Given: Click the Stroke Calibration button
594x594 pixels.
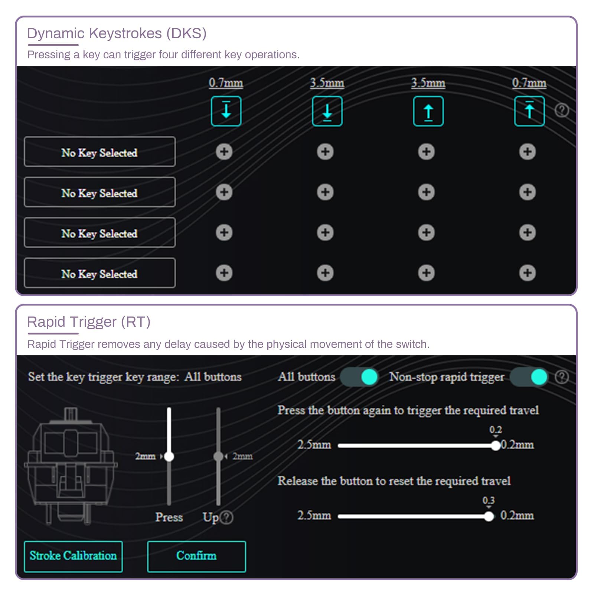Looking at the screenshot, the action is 73,556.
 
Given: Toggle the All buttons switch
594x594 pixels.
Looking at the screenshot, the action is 359,377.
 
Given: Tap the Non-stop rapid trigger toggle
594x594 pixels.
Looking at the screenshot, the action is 529,377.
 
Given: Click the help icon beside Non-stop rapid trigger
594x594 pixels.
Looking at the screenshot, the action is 562,377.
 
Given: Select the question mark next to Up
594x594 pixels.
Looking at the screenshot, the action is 226,517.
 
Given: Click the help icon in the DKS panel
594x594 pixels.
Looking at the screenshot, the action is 562,110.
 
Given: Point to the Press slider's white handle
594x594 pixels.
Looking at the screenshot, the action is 169,456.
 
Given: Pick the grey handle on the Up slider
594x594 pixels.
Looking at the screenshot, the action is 218,456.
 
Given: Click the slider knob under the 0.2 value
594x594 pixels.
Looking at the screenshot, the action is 496,446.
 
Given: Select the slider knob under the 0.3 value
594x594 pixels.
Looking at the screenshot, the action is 489,516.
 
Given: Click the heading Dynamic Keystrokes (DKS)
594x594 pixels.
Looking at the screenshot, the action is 117,33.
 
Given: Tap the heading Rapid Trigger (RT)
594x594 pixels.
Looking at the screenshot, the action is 89,322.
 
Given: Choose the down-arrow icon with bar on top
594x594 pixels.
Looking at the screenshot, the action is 226,111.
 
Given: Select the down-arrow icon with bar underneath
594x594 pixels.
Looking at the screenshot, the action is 327,111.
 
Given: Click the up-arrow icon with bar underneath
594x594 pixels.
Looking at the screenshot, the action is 428,111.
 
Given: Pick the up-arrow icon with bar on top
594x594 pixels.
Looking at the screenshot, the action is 529,111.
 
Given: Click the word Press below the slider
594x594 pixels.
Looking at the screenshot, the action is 169,517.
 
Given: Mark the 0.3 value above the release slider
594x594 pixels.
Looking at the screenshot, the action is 489,500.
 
